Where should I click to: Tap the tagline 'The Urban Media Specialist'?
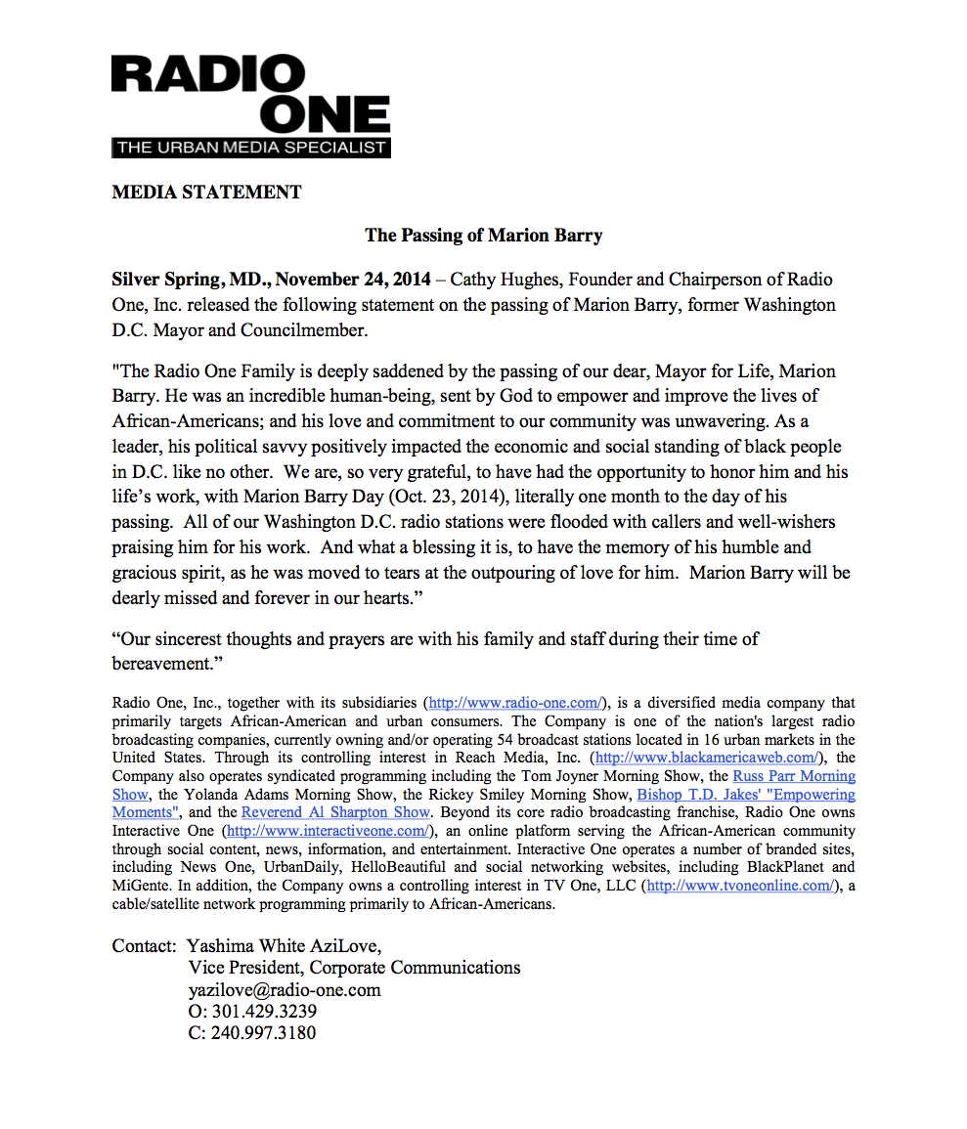(x=250, y=149)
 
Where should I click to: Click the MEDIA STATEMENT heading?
(x=206, y=193)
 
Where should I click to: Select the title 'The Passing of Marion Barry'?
(x=483, y=236)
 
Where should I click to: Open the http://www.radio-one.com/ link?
(x=517, y=703)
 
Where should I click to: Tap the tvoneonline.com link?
(x=740, y=886)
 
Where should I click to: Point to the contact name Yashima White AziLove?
(x=285, y=945)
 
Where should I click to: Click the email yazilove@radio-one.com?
(x=285, y=989)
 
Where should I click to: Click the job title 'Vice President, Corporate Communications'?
(x=354, y=968)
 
